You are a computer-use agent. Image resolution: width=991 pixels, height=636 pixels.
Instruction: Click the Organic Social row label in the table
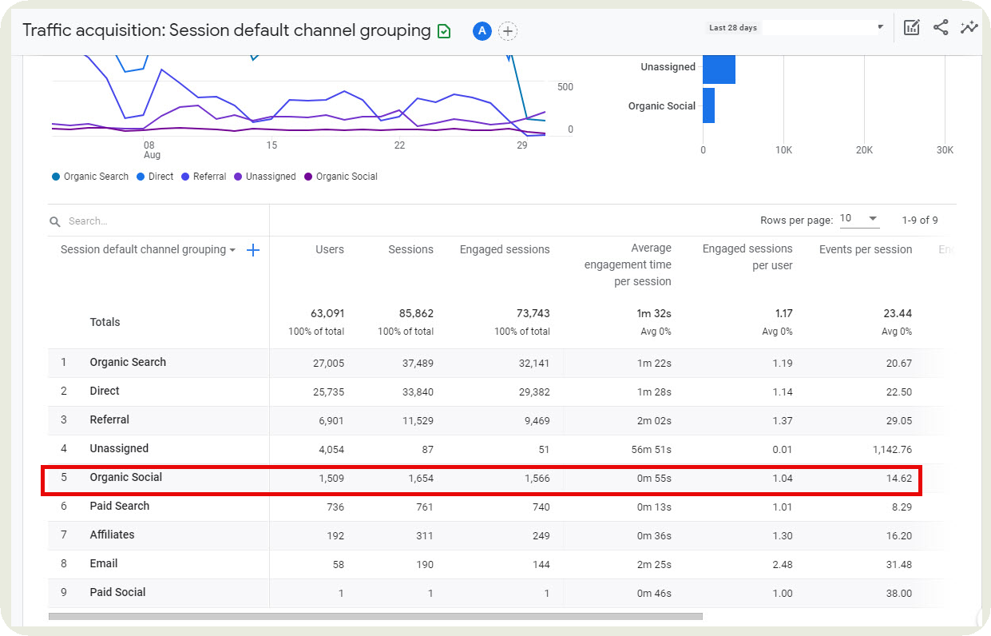(125, 477)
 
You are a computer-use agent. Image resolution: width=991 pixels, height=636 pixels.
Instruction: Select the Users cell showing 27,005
(328, 363)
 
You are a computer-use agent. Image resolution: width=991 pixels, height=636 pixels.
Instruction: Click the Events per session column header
(865, 249)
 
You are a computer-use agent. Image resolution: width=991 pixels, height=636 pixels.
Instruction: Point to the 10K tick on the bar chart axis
(783, 150)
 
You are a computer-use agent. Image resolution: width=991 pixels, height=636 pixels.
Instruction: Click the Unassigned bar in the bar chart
(719, 68)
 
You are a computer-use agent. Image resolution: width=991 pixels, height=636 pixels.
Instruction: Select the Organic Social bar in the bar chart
(708, 105)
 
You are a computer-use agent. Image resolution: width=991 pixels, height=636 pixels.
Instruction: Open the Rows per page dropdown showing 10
(858, 220)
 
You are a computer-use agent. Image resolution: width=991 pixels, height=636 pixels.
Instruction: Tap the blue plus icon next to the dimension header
(253, 250)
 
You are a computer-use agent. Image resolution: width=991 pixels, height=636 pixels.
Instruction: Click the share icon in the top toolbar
(941, 28)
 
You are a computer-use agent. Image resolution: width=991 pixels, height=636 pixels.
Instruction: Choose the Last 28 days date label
(732, 28)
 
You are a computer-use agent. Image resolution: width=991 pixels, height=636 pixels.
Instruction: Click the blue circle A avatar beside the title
(482, 31)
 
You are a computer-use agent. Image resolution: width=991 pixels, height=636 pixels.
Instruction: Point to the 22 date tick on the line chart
(399, 145)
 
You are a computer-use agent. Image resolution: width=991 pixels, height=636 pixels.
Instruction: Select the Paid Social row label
(117, 592)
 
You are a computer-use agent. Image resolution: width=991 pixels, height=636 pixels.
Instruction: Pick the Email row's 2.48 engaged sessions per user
(782, 564)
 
